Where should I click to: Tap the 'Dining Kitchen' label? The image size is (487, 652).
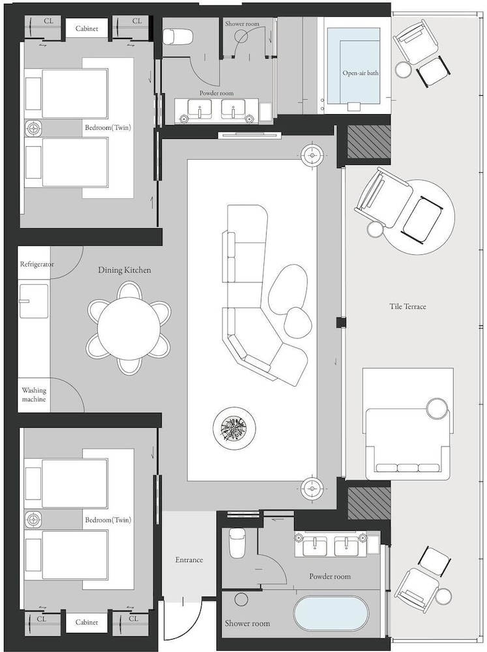125,271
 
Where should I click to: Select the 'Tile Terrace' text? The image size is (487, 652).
408,306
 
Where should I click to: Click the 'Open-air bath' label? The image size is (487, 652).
361,73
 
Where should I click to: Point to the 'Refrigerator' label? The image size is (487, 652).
37,264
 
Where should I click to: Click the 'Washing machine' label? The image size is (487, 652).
34,394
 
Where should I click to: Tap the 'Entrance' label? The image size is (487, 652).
189,559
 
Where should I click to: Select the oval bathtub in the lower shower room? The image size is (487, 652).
331,615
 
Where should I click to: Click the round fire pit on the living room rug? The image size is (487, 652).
234,427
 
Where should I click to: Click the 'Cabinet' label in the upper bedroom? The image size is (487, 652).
87,29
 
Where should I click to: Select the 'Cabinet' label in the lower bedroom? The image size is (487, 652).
87,623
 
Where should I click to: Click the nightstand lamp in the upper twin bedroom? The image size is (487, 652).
33,128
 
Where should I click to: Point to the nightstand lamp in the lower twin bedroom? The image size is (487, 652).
33,520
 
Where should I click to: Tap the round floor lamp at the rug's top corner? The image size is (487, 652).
312,155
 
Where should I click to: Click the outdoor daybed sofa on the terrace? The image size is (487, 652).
407,441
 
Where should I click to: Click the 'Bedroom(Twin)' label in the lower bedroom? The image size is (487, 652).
108,520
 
